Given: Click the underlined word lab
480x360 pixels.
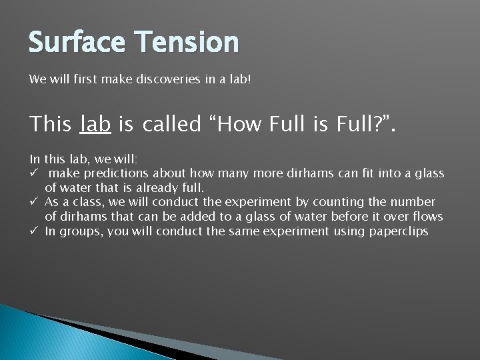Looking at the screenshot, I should [x=95, y=124].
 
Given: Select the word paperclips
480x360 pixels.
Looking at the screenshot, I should [x=399, y=232].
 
